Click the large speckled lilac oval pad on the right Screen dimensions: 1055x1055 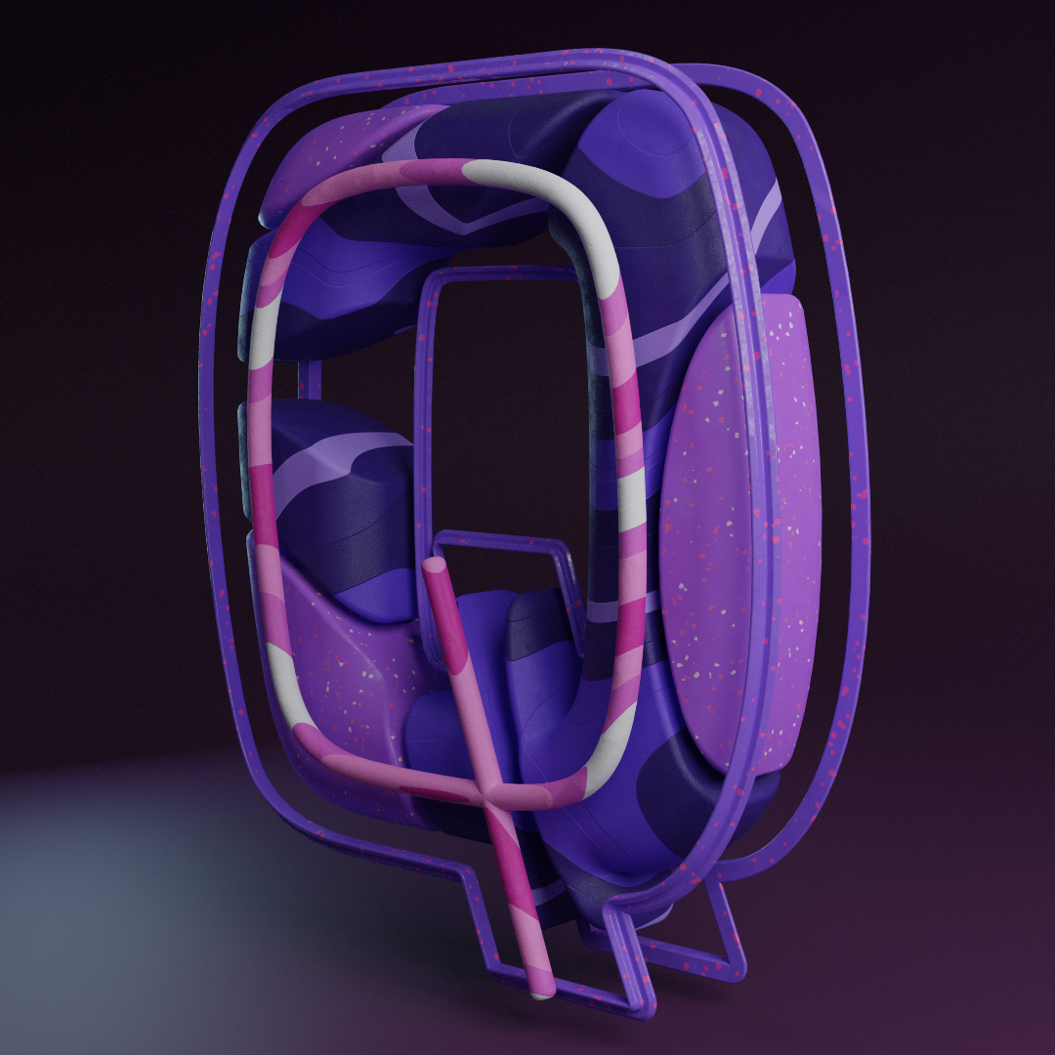tap(740, 531)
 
